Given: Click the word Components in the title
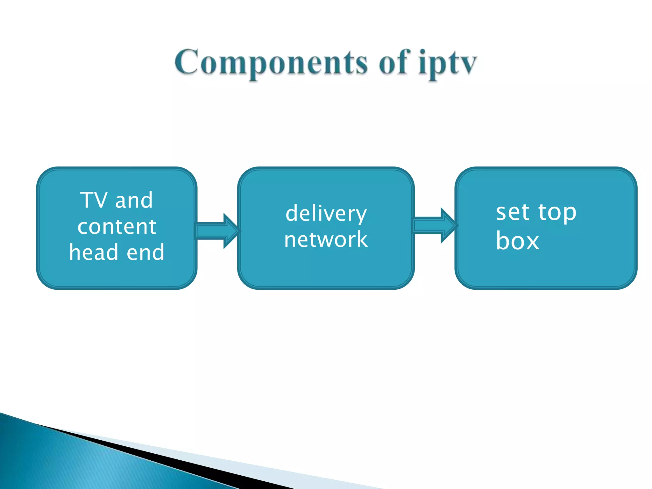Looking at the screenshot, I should coord(271,63).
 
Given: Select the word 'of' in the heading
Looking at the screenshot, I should coord(393,63).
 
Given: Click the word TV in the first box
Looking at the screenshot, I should coord(94,200).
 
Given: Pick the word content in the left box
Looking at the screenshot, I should coord(117,227).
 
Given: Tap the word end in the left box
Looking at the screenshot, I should coord(145,252).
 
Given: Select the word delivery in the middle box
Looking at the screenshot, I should coord(326,214).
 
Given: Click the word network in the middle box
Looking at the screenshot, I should coord(326,239).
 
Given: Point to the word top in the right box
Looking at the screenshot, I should coord(557,213).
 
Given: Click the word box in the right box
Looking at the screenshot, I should coord(517,241).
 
